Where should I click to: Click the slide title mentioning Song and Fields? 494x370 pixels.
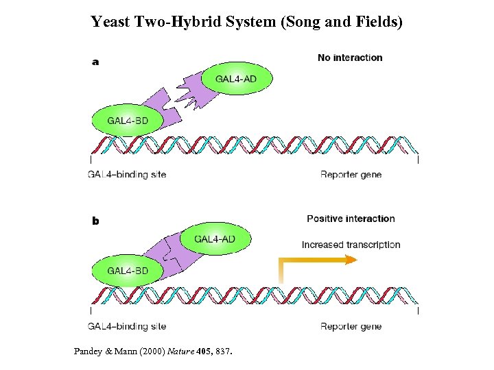point(247,22)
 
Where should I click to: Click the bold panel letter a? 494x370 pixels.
point(95,62)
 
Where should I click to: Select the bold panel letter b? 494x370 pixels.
point(95,221)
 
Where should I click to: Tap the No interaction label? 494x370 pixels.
point(350,58)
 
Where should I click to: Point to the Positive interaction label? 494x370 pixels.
point(351,219)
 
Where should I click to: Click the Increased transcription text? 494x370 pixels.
point(351,245)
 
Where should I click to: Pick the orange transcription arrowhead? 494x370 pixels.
point(351,260)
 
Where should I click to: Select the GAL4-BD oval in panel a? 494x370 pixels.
point(127,121)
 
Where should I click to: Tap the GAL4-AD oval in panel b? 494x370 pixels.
point(215,238)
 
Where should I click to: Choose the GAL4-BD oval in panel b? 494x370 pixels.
point(127,271)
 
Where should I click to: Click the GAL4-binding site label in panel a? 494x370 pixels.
point(127,175)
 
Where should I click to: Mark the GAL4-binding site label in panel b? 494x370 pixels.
point(127,326)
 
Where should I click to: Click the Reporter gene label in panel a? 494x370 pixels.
point(351,175)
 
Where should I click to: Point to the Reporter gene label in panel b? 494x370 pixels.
point(351,326)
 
